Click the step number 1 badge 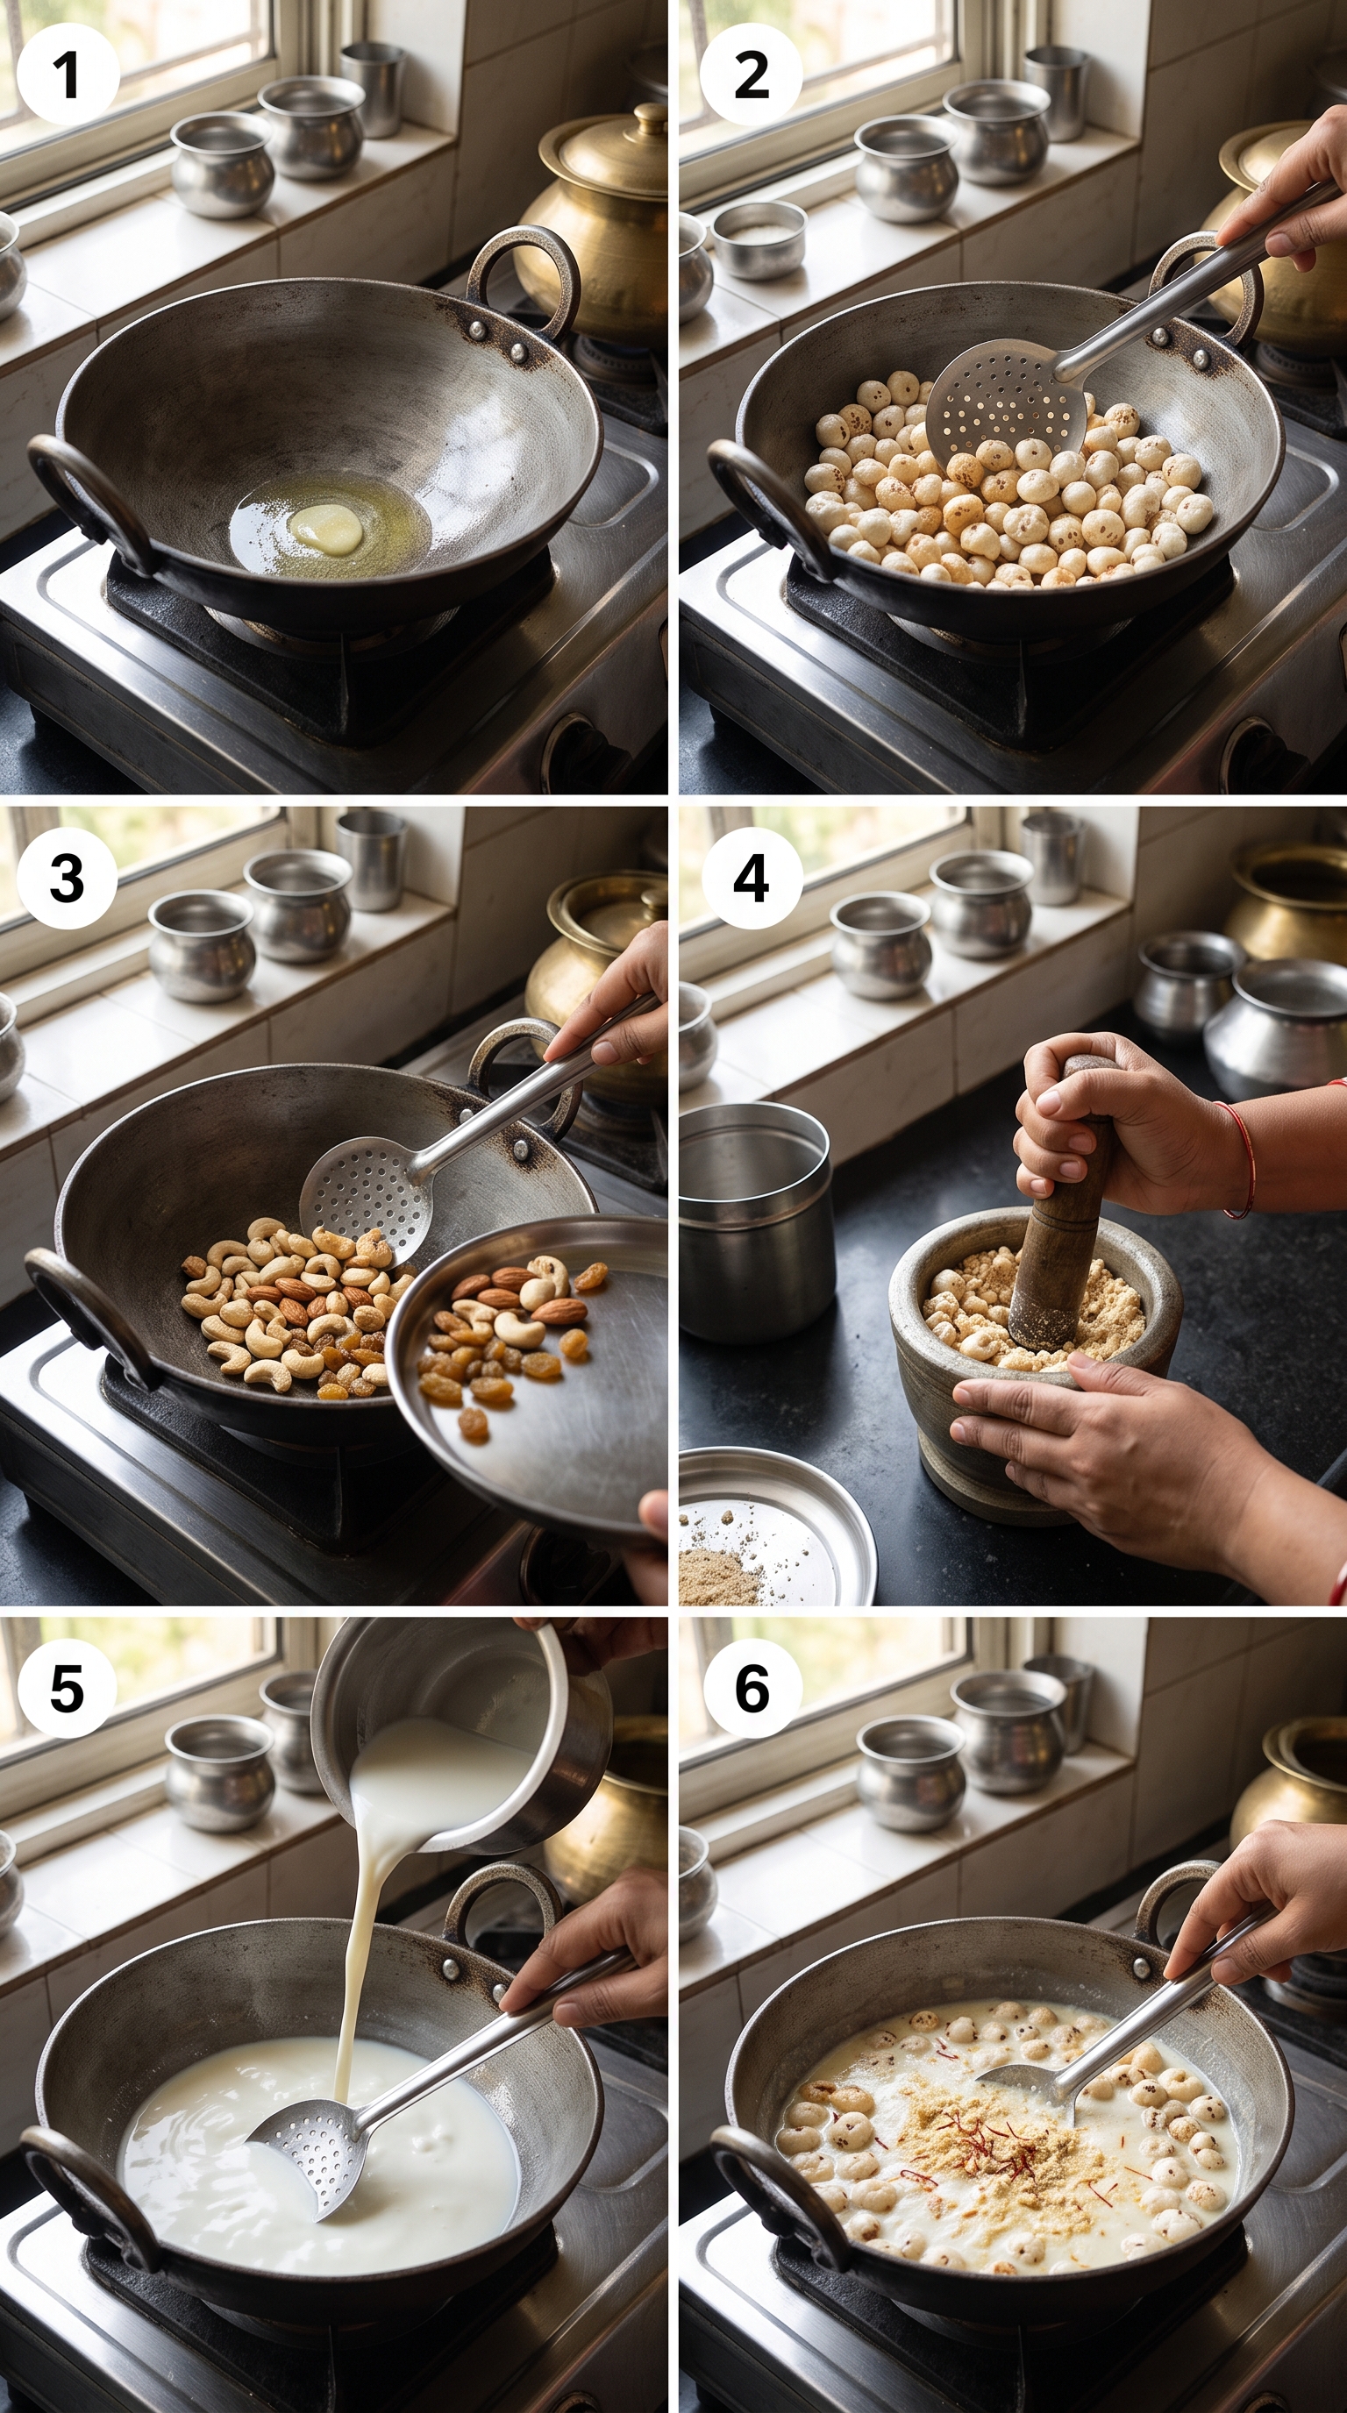[x=68, y=75]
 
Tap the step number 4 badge [x=752, y=878]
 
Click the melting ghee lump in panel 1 [x=326, y=526]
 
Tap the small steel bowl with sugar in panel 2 [x=759, y=238]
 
